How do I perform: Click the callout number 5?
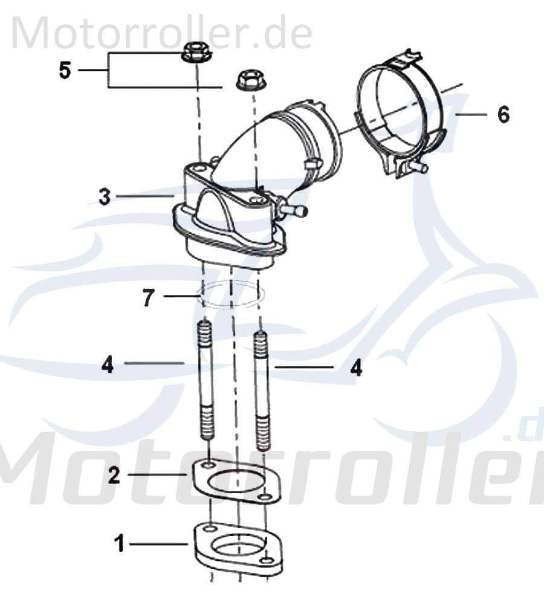[65, 70]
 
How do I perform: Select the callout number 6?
[503, 114]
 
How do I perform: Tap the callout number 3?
[105, 196]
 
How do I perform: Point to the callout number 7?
[149, 297]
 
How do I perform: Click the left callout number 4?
[108, 364]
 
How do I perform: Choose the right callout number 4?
[357, 367]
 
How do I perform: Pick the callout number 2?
[114, 475]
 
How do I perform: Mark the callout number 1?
[120, 544]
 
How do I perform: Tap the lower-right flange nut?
[248, 79]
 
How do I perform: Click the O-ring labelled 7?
[232, 294]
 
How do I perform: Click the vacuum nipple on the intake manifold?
[294, 209]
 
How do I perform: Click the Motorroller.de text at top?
[161, 33]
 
